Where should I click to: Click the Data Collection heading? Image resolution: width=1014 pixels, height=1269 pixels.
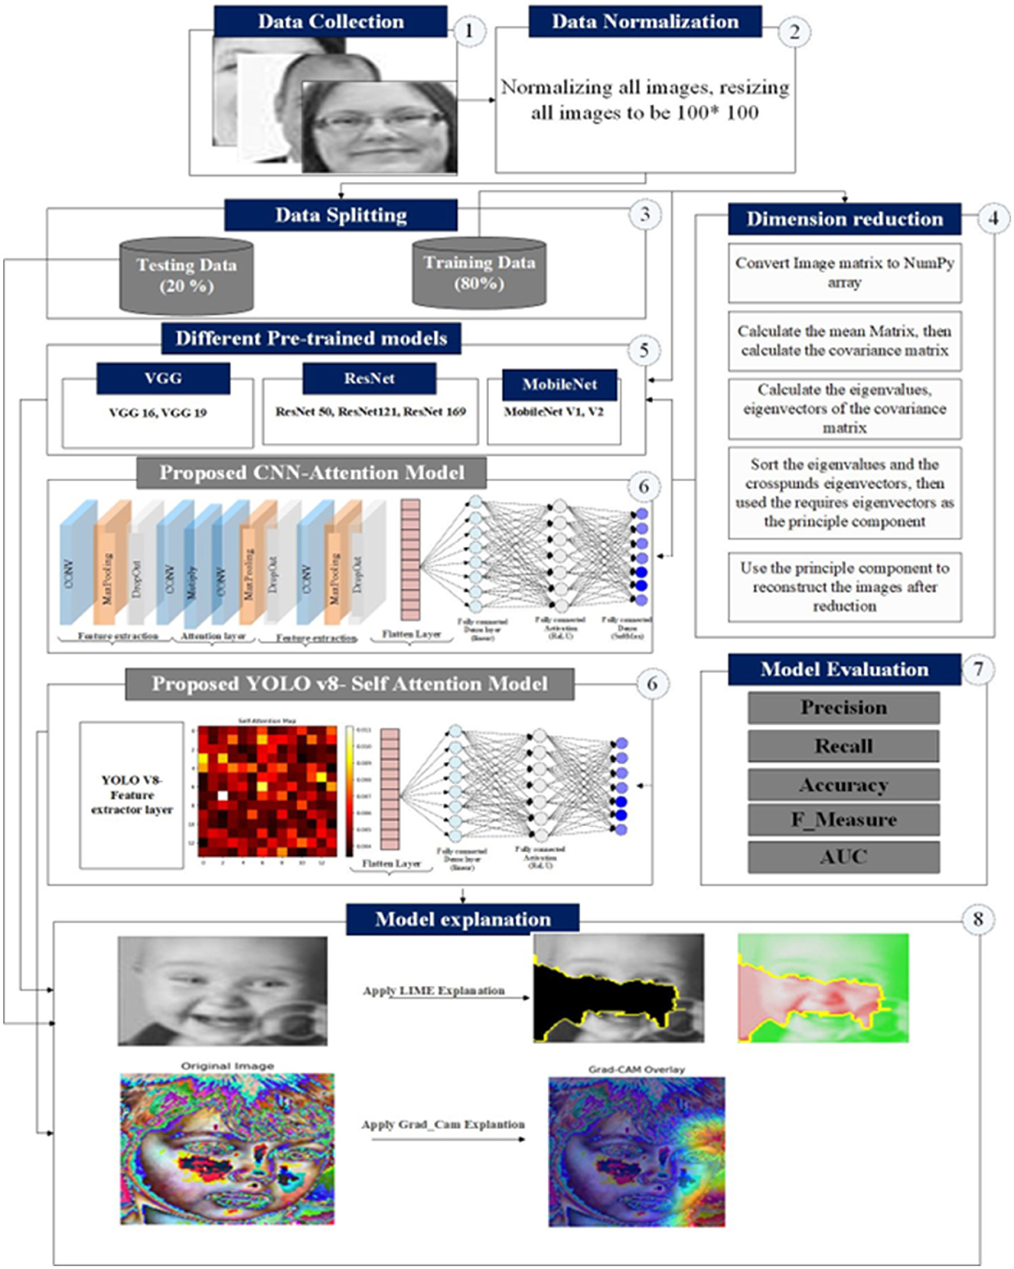pos(330,21)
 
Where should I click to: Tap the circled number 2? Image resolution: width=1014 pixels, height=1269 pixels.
pos(794,32)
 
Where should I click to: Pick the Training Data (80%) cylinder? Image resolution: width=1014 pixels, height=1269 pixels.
pos(479,273)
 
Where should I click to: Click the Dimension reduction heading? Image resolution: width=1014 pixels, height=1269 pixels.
pos(844,219)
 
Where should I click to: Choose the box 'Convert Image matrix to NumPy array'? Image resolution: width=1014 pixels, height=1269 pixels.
pos(844,273)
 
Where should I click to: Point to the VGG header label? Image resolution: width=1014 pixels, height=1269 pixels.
pos(163,378)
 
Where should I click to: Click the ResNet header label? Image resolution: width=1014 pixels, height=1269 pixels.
pos(369,378)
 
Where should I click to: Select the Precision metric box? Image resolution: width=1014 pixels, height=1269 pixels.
pos(843,708)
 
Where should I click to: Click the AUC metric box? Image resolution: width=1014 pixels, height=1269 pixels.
pos(843,857)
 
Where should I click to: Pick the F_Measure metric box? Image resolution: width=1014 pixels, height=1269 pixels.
pos(843,820)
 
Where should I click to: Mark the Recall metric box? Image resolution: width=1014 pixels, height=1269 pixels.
pos(843,746)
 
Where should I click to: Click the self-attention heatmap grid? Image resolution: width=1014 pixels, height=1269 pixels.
pos(268,791)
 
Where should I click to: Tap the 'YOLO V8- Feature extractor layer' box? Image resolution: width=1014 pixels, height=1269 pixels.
pos(132,795)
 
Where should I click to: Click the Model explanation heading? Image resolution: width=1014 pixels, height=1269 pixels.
pos(462,919)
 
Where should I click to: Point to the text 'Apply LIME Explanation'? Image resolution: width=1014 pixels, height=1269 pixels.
pos(433,991)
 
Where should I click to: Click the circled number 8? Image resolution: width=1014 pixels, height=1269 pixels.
pos(977,919)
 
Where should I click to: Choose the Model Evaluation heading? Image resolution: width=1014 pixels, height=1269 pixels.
pos(844,669)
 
